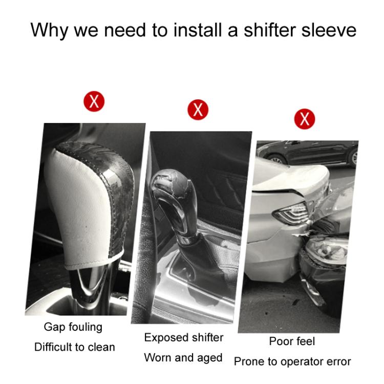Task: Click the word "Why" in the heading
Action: pyautogui.click(x=49, y=30)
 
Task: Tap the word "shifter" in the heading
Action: pyautogui.click(x=270, y=30)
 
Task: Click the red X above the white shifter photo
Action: pyautogui.click(x=94, y=101)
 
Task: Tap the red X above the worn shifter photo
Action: pyautogui.click(x=198, y=110)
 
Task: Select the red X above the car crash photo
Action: pyautogui.click(x=305, y=119)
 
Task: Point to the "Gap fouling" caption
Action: pyautogui.click(x=73, y=328)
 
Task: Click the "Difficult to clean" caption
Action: pyautogui.click(x=74, y=347)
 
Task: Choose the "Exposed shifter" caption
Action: pyautogui.click(x=184, y=337)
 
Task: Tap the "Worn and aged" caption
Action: pyautogui.click(x=183, y=358)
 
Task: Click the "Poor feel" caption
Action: pyautogui.click(x=292, y=341)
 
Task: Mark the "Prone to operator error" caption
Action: pyautogui.click(x=292, y=361)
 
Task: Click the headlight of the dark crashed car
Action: pyautogui.click(x=326, y=250)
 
